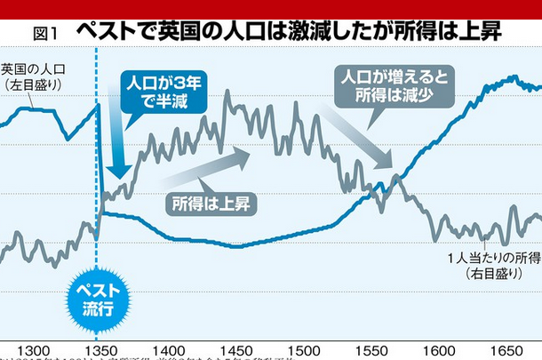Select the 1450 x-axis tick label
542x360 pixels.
pyautogui.click(x=235, y=350)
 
